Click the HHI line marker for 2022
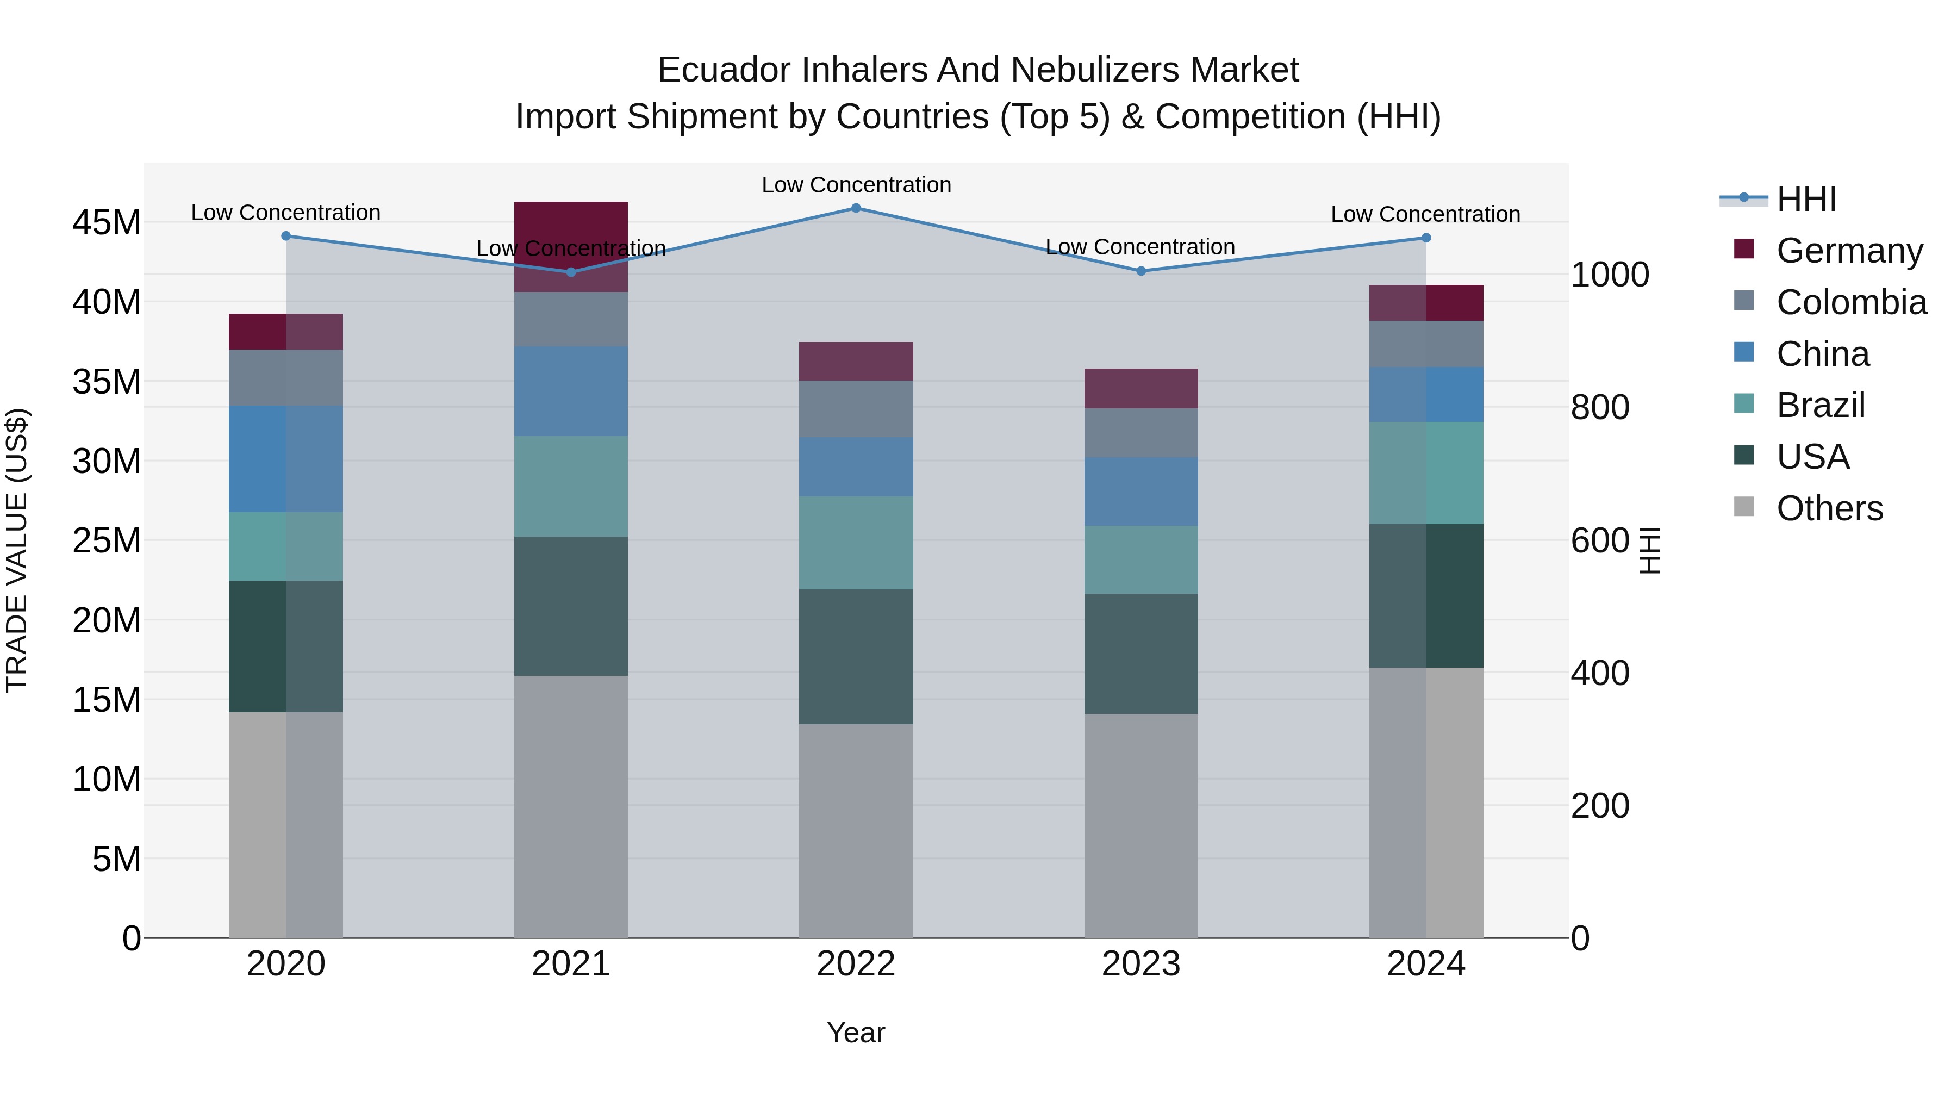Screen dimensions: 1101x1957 pos(856,208)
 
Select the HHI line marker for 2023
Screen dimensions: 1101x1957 pos(1140,271)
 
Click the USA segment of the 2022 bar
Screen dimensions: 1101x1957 pos(856,656)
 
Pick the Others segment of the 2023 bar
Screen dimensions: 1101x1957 pos(1140,825)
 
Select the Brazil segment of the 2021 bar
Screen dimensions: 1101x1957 pos(571,486)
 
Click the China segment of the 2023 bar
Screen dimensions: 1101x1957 pos(1140,492)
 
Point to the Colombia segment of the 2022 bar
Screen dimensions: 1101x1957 pos(856,409)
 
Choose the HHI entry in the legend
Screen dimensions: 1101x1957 pos(1806,199)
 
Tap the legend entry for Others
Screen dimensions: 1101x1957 pos(1829,508)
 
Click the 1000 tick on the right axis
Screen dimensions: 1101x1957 pos(1610,275)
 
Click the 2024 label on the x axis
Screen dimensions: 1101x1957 pos(1425,964)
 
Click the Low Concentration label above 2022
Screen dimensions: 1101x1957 pos(856,185)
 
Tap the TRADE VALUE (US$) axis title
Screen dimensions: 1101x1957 pos(17,550)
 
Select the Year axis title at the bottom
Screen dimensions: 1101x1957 pos(856,1032)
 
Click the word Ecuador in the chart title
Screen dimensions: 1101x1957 pos(715,70)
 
